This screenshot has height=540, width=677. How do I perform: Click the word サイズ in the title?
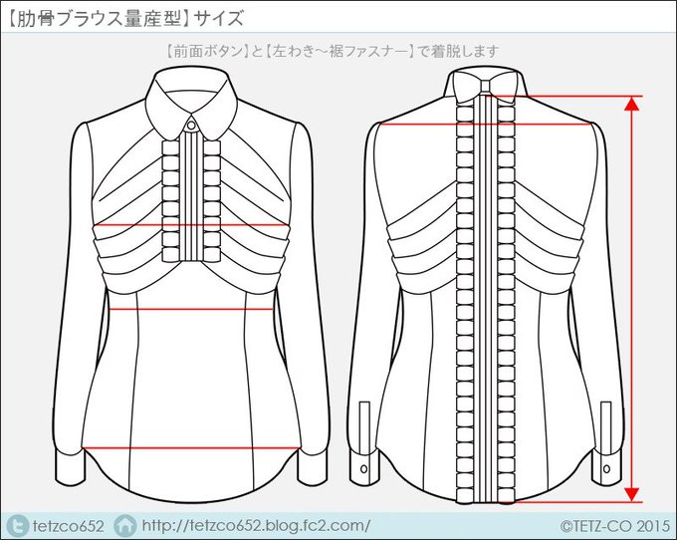[x=218, y=18]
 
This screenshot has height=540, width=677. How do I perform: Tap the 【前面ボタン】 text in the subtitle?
[x=200, y=50]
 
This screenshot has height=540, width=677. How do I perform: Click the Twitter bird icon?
[x=17, y=524]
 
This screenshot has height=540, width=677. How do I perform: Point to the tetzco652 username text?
[x=69, y=524]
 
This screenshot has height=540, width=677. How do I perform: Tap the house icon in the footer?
[x=125, y=524]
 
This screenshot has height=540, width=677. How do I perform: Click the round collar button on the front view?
[x=190, y=127]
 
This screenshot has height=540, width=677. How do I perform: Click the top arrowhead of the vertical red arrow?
[x=631, y=103]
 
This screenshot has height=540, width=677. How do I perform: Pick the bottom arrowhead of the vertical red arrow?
[x=631, y=492]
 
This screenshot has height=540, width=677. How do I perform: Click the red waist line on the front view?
[x=189, y=310]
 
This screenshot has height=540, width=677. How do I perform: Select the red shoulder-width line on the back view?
[x=485, y=124]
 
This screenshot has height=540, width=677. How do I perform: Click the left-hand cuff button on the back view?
[x=363, y=467]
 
